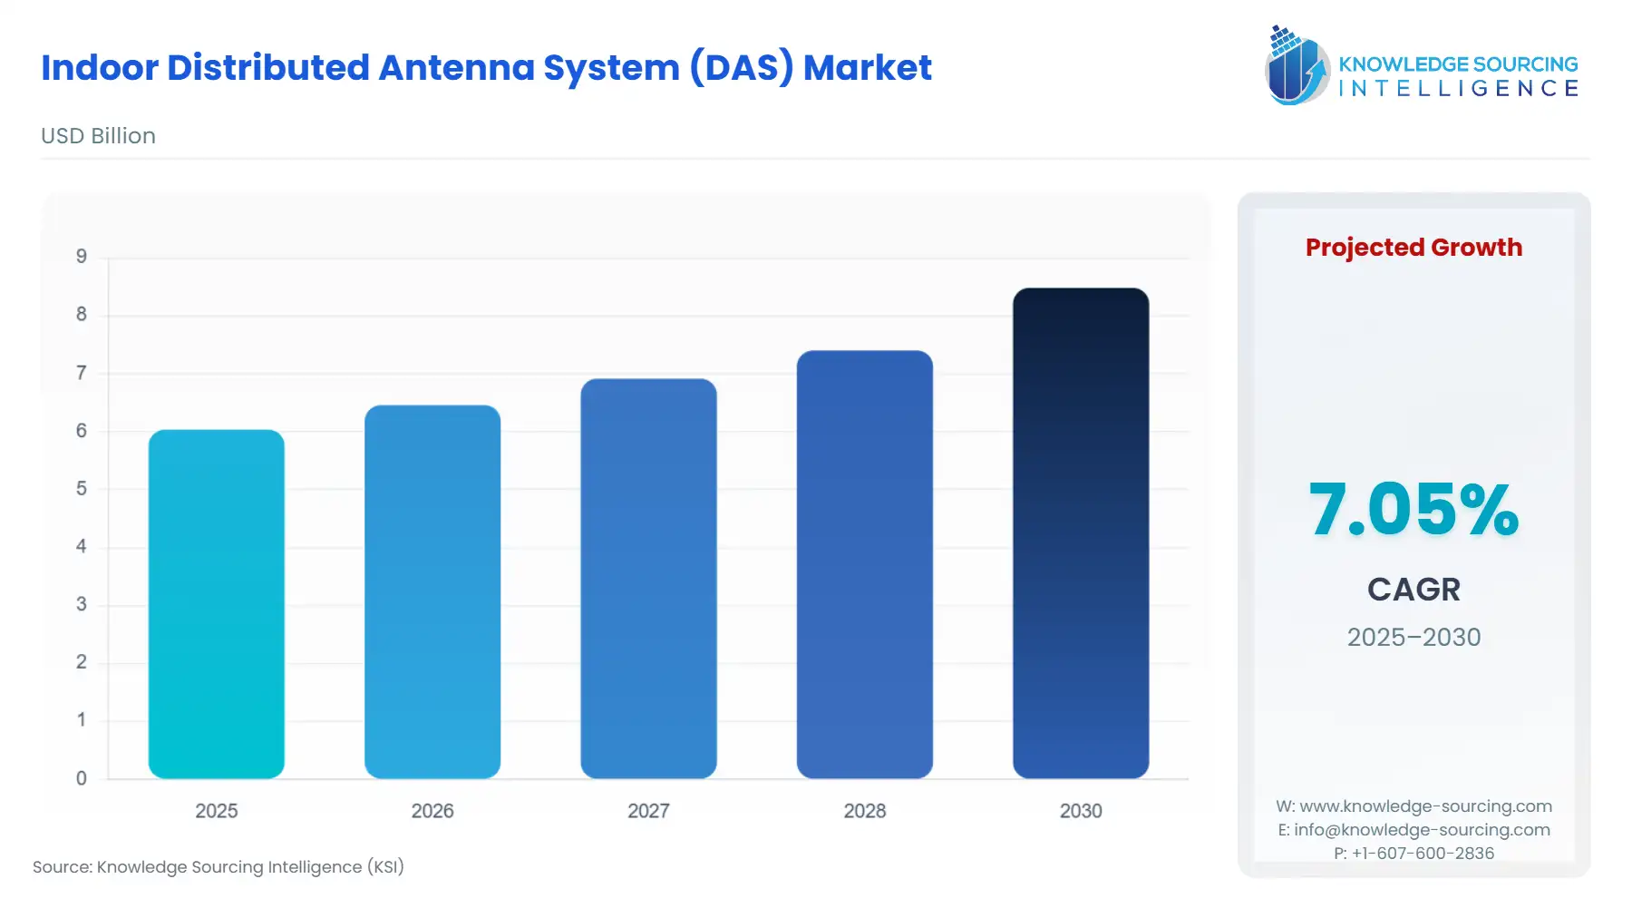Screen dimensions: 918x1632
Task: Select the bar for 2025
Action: coord(216,603)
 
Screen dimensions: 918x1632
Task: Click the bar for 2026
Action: coord(432,591)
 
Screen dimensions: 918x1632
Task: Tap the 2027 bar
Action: coord(648,578)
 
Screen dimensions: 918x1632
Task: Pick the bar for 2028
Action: coord(864,564)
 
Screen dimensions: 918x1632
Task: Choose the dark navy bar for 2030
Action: coord(1081,533)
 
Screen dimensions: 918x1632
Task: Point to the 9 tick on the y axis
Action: coord(82,257)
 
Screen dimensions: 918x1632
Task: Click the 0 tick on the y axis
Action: coord(82,778)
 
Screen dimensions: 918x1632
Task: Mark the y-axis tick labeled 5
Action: coord(82,489)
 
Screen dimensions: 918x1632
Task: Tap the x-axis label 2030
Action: coord(1081,811)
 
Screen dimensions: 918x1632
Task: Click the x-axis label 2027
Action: coord(648,811)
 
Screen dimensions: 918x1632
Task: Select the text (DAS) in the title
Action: coord(741,68)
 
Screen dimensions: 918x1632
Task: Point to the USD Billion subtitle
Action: coord(98,136)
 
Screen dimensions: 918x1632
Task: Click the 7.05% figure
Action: coord(1413,510)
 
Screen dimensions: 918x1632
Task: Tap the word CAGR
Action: coord(1413,590)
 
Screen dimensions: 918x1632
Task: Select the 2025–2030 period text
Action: coord(1413,638)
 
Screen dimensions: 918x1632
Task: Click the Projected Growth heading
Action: coord(1413,248)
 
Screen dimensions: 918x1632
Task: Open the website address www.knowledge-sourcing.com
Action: coord(1425,806)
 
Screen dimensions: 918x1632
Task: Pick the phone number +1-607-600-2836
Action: coord(1423,854)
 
